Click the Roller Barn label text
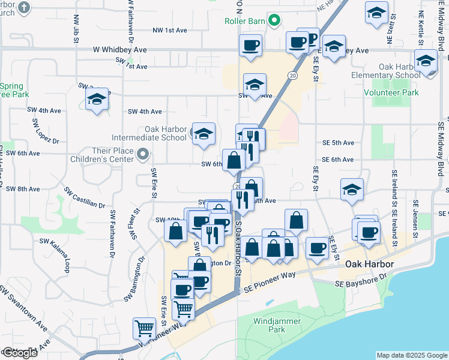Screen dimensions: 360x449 244,20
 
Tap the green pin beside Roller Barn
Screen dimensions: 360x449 275,20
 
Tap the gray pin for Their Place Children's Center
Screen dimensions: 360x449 143,156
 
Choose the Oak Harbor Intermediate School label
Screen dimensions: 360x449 166,133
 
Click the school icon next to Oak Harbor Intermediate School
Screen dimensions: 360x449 203,134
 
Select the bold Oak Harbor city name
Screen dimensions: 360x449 369,265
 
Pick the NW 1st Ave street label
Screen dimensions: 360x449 170,30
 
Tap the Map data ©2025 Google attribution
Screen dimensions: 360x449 412,355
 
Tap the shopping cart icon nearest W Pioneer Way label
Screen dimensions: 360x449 145,328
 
